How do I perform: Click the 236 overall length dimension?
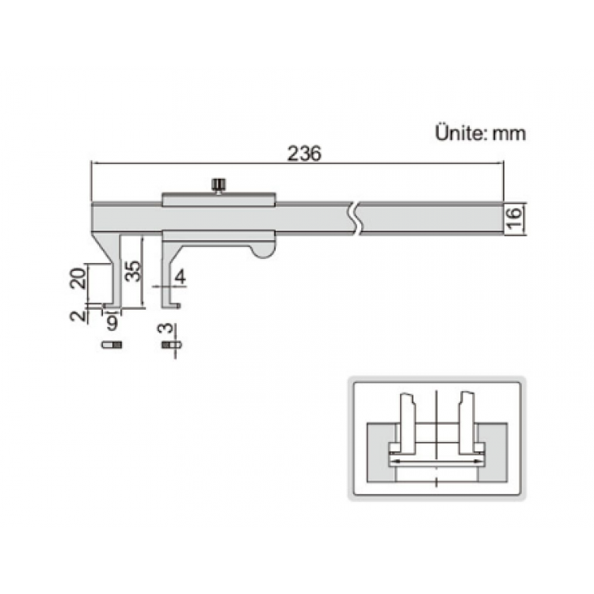304,154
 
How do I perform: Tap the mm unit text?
508,133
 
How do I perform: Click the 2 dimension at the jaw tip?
76,316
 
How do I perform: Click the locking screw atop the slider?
218,186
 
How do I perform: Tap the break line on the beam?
356,218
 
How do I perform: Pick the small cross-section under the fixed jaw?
112,345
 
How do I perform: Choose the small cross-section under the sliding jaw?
169,345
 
